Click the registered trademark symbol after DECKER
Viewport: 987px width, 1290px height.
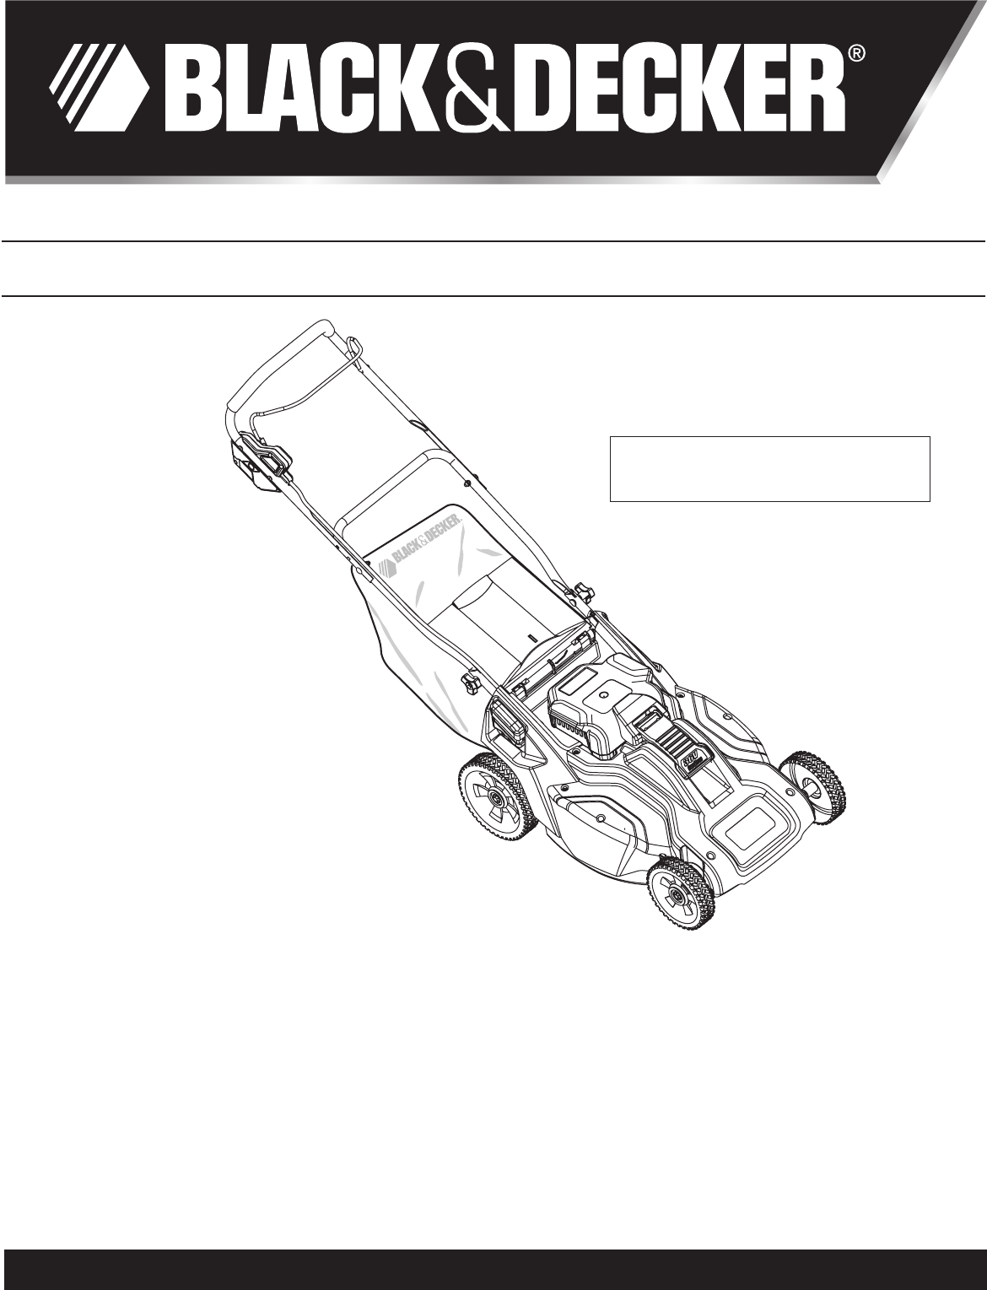(858, 55)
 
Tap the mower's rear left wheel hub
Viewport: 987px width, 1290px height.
(497, 798)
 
